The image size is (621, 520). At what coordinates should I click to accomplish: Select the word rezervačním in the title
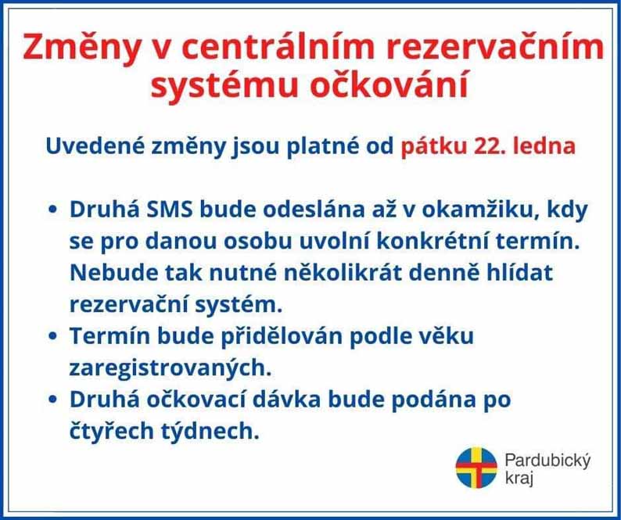tap(494, 47)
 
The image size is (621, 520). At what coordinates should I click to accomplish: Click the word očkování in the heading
tap(389, 84)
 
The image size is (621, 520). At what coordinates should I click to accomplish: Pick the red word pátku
tap(433, 146)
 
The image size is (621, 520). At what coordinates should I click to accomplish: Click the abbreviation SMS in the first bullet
tap(170, 210)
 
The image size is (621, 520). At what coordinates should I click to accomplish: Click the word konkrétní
tap(433, 241)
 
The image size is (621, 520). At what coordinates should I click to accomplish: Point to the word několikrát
tap(343, 272)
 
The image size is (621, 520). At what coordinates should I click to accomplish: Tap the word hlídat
tap(519, 272)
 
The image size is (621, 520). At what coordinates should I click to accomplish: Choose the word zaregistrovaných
tap(171, 368)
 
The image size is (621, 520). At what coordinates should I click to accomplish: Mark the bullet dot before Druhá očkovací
tap(52, 400)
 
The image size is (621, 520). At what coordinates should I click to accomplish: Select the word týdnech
tap(210, 431)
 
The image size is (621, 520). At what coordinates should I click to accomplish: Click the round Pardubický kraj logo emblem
tap(476, 468)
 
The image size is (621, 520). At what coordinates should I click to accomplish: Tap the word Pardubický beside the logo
tap(547, 461)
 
